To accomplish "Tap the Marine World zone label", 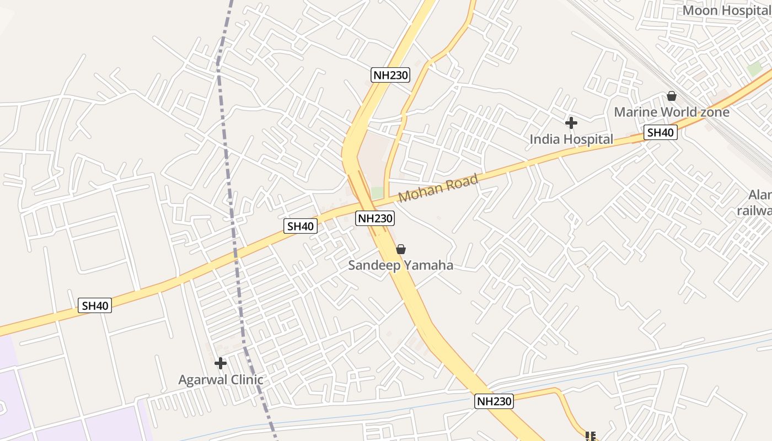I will tap(671, 112).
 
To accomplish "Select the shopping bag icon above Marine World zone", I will tap(671, 96).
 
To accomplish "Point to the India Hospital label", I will tap(571, 139).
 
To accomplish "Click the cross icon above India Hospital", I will tap(571, 122).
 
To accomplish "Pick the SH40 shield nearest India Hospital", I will tap(660, 132).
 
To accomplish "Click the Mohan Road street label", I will tap(438, 189).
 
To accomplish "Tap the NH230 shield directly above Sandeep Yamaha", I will tap(375, 218).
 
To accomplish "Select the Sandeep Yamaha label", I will tap(400, 265).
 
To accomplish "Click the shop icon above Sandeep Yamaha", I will tap(401, 250).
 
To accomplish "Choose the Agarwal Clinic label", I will tap(221, 380).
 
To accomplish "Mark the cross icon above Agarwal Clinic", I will tap(221, 363).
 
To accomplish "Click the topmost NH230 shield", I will tap(391, 75).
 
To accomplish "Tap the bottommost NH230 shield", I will tap(494, 401).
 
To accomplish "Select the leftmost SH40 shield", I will tap(95, 305).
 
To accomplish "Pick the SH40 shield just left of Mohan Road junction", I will tap(301, 225).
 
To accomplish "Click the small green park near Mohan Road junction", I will tap(377, 193).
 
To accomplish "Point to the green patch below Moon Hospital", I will tap(753, 69).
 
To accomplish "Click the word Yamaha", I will tap(428, 265).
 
